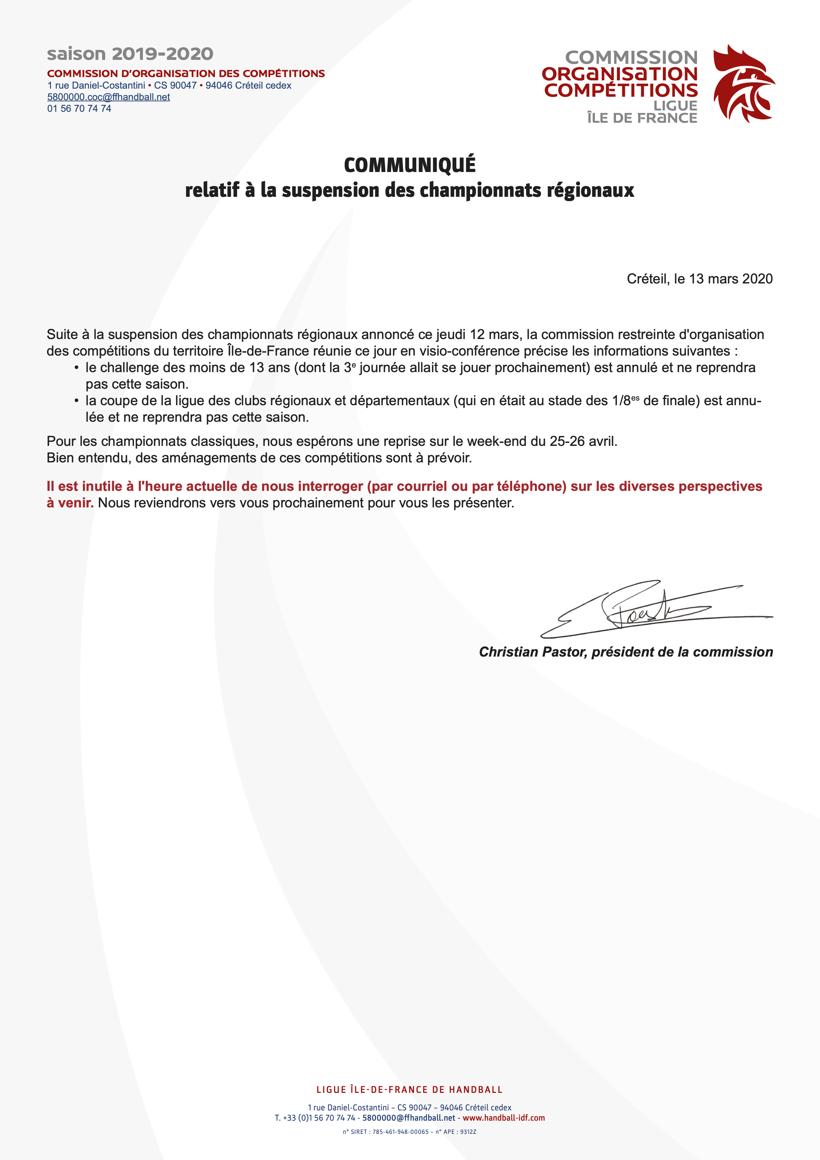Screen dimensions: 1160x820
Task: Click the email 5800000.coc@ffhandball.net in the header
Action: (108, 97)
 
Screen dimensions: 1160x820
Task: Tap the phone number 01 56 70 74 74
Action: (79, 108)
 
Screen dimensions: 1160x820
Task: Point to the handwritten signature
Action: (651, 609)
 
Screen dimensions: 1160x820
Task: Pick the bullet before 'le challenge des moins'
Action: (76, 368)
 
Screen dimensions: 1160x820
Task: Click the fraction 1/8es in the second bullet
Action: (625, 401)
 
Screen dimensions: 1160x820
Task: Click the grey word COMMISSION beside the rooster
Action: (631, 57)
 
